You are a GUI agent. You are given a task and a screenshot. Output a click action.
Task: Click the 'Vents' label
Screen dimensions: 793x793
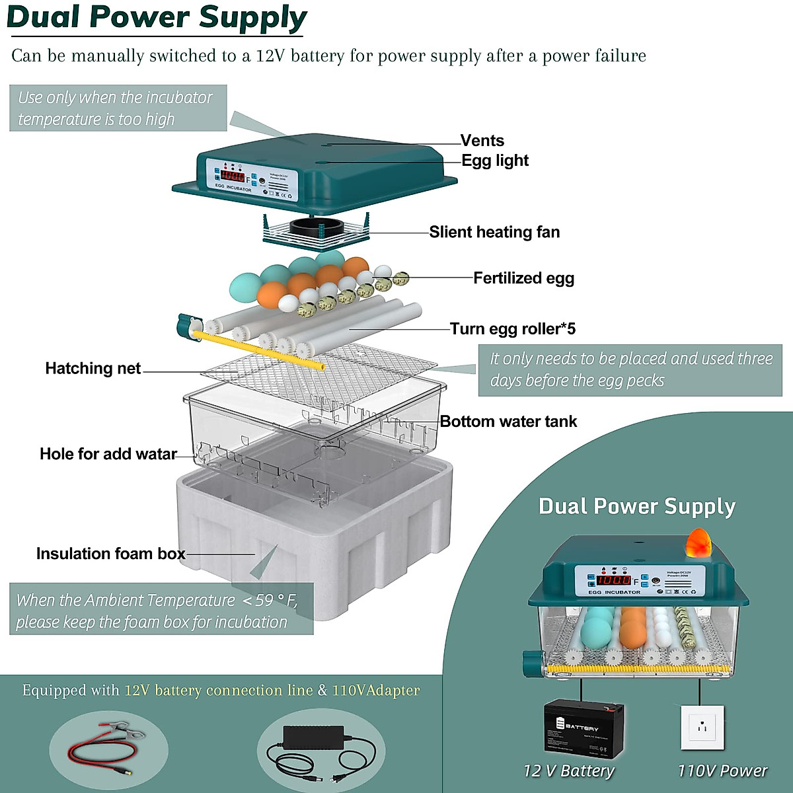(482, 141)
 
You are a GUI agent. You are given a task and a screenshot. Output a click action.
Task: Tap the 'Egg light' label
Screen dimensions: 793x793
(495, 161)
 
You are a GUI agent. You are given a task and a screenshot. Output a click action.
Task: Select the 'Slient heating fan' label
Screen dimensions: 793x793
(494, 232)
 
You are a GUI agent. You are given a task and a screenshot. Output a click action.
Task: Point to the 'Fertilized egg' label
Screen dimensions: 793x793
(523, 278)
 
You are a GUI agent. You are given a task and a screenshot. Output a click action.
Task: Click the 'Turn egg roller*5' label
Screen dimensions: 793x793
(513, 328)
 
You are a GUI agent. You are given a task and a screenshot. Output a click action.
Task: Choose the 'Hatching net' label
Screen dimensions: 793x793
(93, 369)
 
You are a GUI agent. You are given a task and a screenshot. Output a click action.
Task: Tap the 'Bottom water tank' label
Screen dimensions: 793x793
(508, 422)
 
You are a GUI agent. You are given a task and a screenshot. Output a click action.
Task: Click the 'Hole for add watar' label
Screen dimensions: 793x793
(108, 454)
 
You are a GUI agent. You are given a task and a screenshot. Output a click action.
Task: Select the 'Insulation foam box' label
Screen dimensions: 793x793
(110, 554)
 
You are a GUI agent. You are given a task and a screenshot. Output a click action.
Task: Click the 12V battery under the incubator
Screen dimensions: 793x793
(584, 729)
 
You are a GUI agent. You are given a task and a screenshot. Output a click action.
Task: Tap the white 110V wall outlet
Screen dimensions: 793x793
(702, 728)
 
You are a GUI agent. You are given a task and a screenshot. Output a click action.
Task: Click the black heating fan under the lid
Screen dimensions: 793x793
(316, 229)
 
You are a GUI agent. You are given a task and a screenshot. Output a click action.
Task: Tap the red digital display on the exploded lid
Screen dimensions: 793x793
(233, 176)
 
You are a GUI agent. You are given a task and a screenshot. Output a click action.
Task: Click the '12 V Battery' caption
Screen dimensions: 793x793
(568, 771)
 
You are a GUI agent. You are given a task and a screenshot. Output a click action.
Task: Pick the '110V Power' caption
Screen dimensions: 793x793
(722, 771)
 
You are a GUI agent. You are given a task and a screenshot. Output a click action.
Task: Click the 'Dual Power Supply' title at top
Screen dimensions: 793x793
(157, 18)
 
